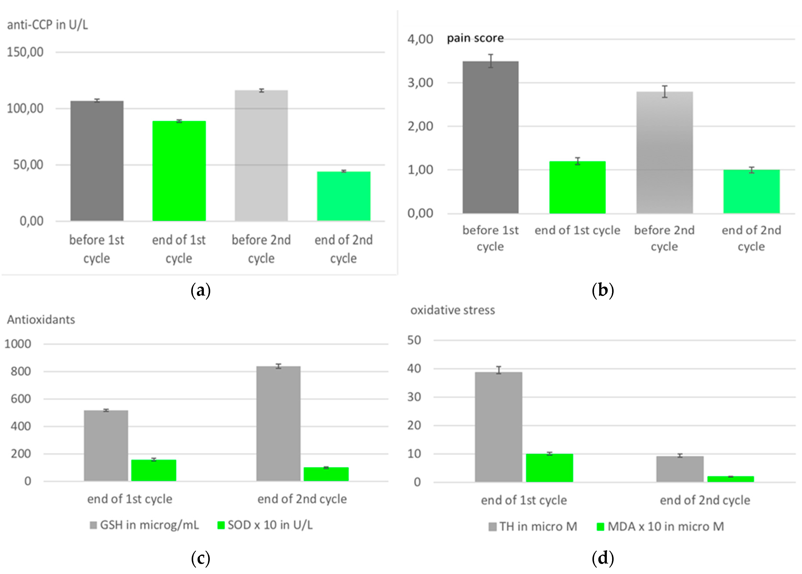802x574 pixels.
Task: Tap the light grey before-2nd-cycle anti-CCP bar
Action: pos(261,156)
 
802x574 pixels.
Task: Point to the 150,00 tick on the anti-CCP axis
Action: pos(25,52)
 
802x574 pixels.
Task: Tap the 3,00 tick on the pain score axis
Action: pos(420,83)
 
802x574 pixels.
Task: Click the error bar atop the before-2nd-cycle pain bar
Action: pos(665,91)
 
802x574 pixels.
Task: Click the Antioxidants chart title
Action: pos(41,320)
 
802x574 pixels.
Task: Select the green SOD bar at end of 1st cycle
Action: pos(154,470)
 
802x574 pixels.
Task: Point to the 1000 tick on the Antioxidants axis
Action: pos(18,344)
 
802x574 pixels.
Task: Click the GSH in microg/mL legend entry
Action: pos(145,525)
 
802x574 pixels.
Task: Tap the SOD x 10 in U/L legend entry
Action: pos(265,525)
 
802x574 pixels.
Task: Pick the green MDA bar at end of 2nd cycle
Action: pos(730,479)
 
